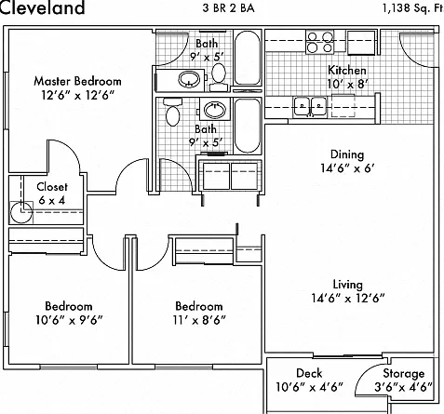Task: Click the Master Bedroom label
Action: tap(77, 81)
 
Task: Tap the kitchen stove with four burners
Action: tap(320, 42)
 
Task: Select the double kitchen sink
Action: tap(310, 107)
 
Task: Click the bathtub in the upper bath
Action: tap(248, 58)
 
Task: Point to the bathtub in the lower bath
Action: tap(248, 126)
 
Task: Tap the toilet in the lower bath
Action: tap(172, 112)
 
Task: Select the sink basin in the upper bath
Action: tap(188, 79)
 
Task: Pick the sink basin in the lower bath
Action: tap(215, 109)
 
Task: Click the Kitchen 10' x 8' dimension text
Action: tap(347, 84)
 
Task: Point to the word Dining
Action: tap(347, 154)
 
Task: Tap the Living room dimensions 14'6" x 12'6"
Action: tap(348, 298)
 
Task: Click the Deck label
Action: tap(309, 373)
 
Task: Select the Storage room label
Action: tap(403, 374)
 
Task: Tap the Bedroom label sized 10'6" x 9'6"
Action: tap(69, 306)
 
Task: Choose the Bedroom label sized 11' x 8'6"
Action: tap(199, 306)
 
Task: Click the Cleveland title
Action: tap(42, 7)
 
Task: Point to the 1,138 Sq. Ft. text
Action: tap(413, 8)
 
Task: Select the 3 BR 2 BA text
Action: tap(229, 7)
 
